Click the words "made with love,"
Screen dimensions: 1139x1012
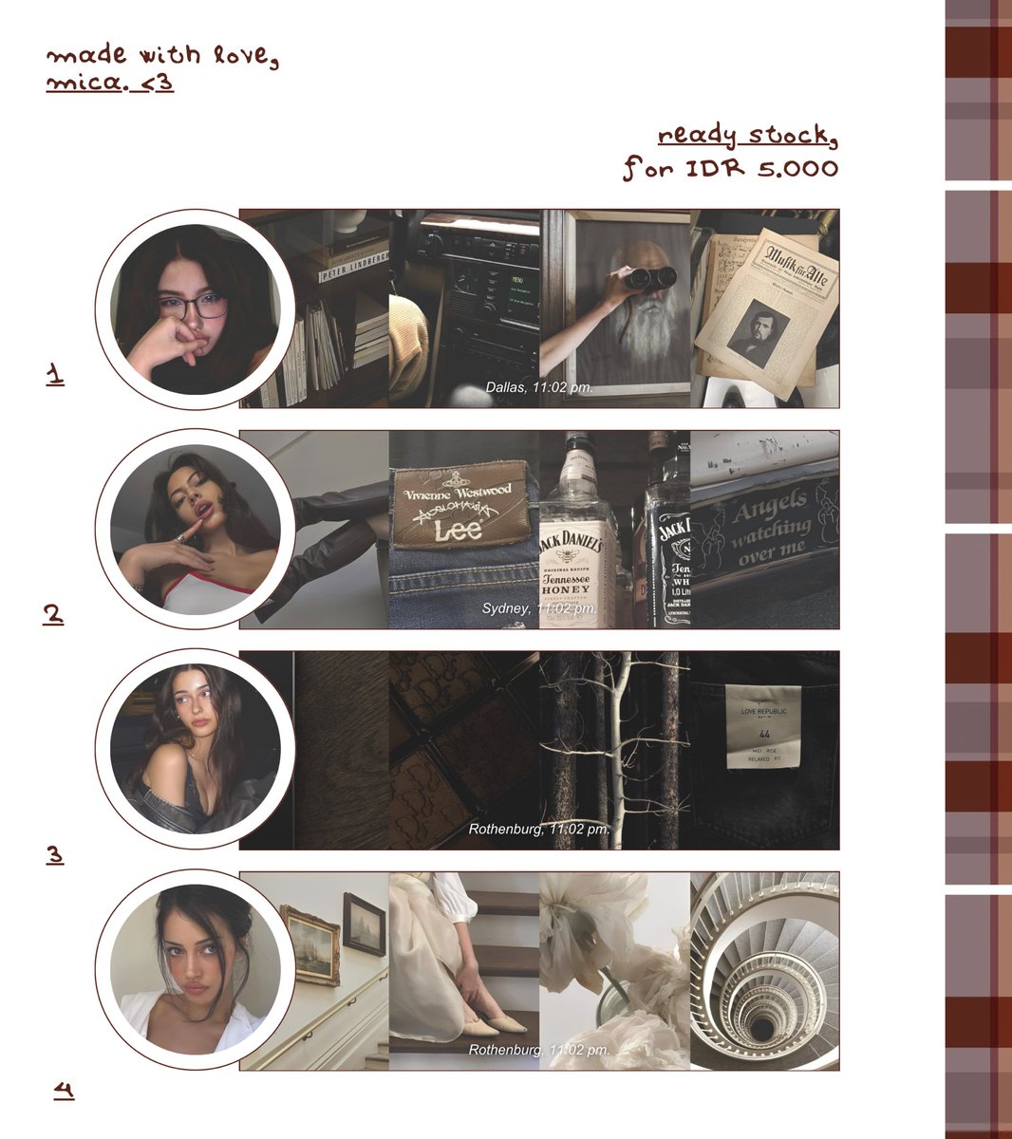(162, 56)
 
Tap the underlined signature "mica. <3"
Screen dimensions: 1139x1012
(110, 84)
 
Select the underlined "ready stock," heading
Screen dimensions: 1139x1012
(748, 136)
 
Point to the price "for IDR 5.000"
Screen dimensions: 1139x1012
(731, 169)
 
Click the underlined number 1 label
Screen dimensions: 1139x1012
(55, 374)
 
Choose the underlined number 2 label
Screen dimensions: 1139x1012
(53, 614)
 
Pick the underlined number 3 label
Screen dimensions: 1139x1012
(55, 854)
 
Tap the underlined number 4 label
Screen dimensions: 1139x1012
(64, 1090)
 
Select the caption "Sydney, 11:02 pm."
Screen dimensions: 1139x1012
(539, 607)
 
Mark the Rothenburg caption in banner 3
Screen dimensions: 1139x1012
(539, 829)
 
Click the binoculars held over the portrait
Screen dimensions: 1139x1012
(650, 277)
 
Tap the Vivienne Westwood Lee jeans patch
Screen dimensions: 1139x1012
(459, 508)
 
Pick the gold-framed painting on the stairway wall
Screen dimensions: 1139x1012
(310, 944)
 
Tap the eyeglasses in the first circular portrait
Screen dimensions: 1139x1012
(194, 307)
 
